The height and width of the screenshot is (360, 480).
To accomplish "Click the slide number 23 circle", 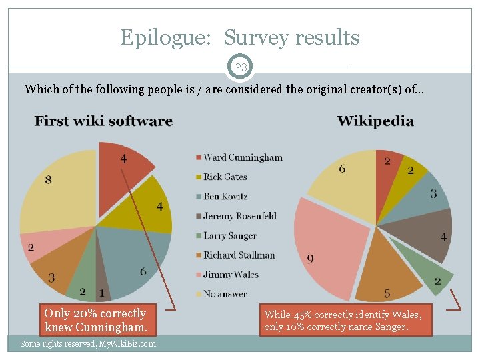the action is point(240,67).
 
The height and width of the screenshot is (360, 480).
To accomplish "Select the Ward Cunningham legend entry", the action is point(239,157).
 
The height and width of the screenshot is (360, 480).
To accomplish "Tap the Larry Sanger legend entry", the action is point(227,235).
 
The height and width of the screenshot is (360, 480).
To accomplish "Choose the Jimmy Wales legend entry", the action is point(227,274).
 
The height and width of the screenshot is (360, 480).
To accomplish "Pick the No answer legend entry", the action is point(221,294).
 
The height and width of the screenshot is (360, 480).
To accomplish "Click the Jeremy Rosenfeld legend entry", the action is point(236,216).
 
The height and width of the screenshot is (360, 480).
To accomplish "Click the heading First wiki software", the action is point(103,121).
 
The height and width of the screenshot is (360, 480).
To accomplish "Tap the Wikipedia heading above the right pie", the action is point(375,121).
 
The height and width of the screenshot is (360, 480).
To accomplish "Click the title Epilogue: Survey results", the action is point(240,37).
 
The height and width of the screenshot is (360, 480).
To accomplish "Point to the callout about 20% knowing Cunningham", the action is point(97,320).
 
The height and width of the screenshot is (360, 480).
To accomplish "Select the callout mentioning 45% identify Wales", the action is point(346,320).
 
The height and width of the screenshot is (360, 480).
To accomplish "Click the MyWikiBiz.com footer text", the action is point(88,344).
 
